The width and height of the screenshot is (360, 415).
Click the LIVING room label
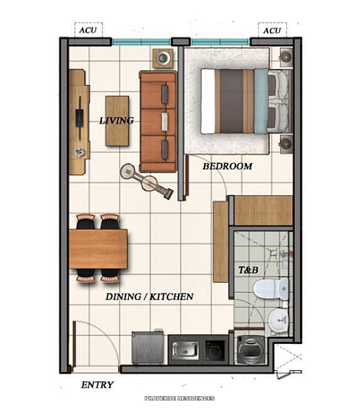coord(116,120)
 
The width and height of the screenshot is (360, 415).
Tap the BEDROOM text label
coord(227,166)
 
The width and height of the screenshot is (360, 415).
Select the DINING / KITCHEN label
coord(149,296)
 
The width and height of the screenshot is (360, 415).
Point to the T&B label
coord(248,270)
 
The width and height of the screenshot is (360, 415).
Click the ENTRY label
coord(98,385)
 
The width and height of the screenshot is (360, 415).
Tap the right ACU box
coord(272,30)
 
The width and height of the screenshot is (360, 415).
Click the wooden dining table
coord(98,248)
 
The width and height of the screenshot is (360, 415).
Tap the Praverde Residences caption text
coord(179,398)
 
